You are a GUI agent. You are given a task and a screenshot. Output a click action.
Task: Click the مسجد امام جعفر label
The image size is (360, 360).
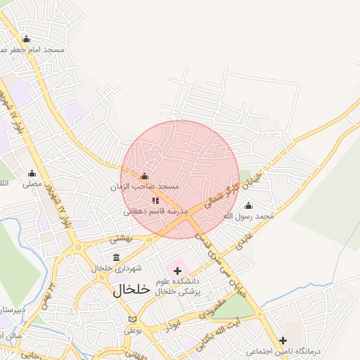point(35,51)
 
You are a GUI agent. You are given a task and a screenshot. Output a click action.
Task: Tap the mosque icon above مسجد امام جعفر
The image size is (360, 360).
point(27,39)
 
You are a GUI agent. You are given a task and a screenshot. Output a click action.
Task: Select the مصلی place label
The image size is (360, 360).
point(32,184)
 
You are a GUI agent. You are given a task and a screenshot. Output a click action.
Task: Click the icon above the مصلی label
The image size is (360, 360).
point(32,173)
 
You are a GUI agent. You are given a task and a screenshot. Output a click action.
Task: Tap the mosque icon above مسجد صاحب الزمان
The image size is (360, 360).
point(145,176)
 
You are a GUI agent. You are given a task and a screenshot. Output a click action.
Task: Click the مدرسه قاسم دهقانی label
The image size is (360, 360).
point(156,212)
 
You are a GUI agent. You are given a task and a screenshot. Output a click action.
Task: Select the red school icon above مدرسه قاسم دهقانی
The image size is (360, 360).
point(155,200)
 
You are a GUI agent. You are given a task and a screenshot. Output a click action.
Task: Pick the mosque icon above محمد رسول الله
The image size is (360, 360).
point(247,205)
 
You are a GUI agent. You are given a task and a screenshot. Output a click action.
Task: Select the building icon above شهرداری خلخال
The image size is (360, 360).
point(116,257)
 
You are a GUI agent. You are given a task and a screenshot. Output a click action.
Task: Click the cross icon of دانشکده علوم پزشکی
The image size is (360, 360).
point(177,271)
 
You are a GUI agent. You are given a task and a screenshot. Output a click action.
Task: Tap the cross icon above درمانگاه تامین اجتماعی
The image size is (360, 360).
point(283,340)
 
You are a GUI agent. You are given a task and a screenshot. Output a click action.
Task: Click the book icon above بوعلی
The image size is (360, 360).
point(132,319)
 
